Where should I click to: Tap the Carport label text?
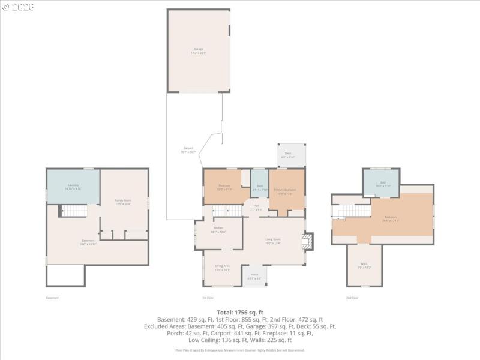pos(188,150)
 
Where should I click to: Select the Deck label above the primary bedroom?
pos(288,155)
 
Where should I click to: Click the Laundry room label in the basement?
pos(73,187)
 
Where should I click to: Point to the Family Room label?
pos(123,202)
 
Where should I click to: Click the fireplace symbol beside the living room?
pos(307,241)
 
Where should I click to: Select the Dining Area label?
pos(223,268)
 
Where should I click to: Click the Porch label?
pos(254,277)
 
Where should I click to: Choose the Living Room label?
pos(273,241)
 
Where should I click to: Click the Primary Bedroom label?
pos(286,191)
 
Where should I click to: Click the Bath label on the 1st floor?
pos(260,188)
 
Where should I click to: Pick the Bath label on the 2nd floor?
pos(383,184)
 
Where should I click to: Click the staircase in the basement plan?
pos(75,210)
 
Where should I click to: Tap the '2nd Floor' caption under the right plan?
pos(352,298)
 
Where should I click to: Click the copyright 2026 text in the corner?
pos(18,7)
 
